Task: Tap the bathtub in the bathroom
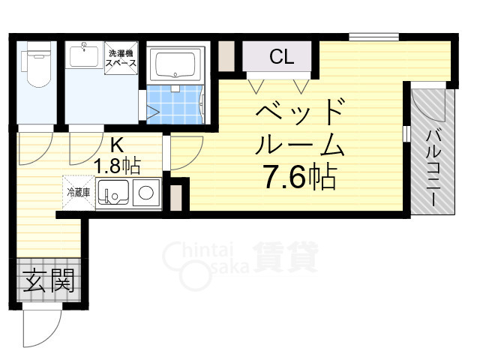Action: click(x=177, y=66)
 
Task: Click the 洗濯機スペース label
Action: click(x=121, y=58)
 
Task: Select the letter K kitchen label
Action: click(x=118, y=144)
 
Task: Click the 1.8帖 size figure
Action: click(x=118, y=162)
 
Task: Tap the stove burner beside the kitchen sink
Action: click(x=146, y=194)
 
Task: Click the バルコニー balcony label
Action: click(x=434, y=164)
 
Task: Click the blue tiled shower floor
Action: click(x=177, y=103)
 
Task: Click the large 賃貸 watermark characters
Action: click(x=284, y=257)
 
